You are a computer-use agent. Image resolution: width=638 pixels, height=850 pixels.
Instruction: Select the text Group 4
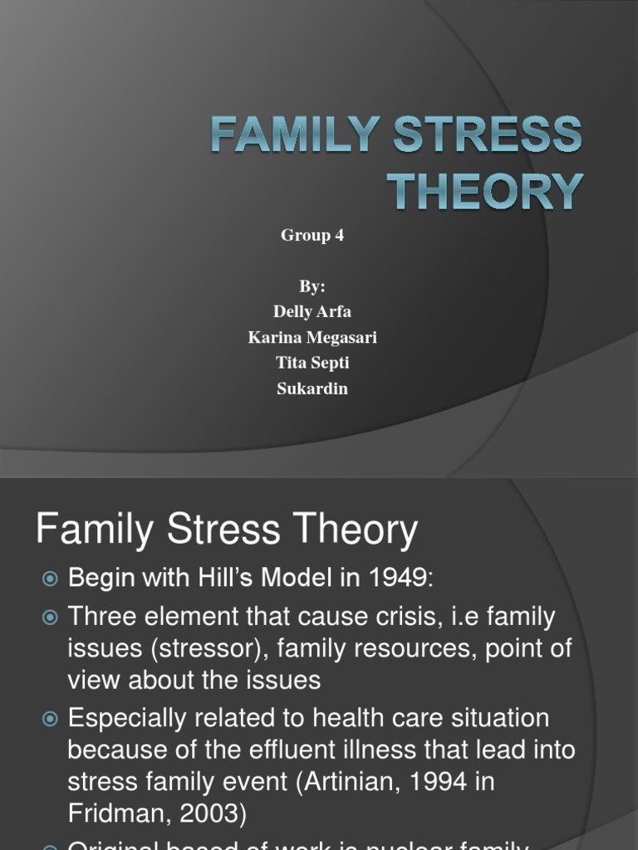[312, 236]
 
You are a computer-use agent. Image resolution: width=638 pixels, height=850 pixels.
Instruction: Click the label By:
[312, 286]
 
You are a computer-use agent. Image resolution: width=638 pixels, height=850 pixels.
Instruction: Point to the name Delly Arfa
[312, 312]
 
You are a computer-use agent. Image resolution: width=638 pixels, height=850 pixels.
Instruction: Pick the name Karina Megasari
[312, 338]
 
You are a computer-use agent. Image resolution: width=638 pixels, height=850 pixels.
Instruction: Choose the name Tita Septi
[312, 364]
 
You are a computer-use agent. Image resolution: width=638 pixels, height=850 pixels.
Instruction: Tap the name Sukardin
[312, 388]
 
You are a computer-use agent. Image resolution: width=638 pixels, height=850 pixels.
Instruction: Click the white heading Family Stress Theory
[227, 530]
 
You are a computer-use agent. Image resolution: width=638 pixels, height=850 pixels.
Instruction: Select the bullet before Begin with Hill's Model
[51, 579]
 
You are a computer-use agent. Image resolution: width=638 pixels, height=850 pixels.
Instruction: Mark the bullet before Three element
[51, 618]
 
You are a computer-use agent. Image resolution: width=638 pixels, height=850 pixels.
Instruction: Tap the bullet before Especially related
[51, 719]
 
